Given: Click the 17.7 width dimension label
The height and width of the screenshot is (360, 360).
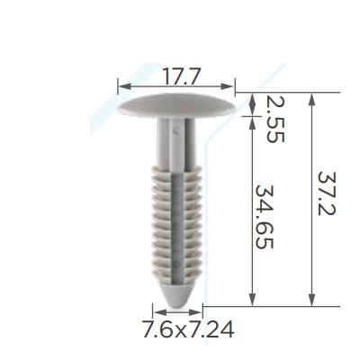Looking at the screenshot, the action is [181, 76].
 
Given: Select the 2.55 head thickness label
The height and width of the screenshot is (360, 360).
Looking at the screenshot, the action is [274, 120].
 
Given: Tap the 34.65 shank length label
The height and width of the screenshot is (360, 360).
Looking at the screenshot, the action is [264, 217].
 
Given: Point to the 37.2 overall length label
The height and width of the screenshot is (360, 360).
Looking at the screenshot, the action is [327, 193].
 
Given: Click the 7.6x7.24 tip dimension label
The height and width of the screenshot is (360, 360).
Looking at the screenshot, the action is [188, 329].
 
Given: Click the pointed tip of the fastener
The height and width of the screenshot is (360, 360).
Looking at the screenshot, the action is [177, 306].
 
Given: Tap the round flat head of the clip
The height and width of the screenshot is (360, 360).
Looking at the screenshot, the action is [176, 105].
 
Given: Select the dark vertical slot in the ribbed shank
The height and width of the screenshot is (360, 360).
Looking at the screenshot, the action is [177, 228].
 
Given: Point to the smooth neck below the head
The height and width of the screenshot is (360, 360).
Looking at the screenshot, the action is [176, 142].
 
